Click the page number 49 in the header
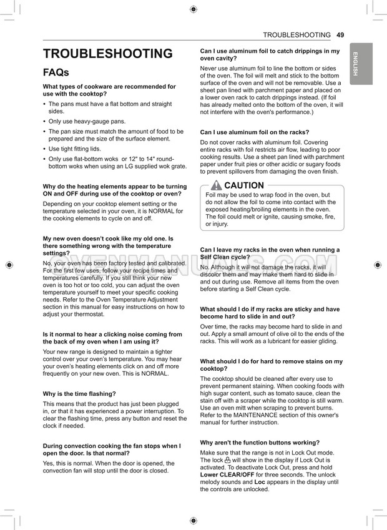[x=340, y=35]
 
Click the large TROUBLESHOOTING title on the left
[x=108, y=54]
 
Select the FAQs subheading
[x=56, y=72]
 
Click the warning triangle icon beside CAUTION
[x=216, y=185]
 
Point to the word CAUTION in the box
[x=244, y=185]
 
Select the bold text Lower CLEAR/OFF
[x=227, y=475]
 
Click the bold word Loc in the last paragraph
[x=260, y=483]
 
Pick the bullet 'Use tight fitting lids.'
[x=74, y=149]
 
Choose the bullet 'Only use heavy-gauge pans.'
[x=87, y=122]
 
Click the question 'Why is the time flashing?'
[x=79, y=394]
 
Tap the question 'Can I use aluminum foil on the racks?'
[x=255, y=132]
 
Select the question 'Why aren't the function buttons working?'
[x=260, y=443]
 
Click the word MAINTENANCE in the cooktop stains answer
[x=256, y=415]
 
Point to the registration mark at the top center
[x=193, y=9]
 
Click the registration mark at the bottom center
[x=193, y=521]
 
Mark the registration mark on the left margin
[x=9, y=265]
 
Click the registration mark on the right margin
[x=378, y=265]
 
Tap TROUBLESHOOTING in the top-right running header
[x=296, y=35]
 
